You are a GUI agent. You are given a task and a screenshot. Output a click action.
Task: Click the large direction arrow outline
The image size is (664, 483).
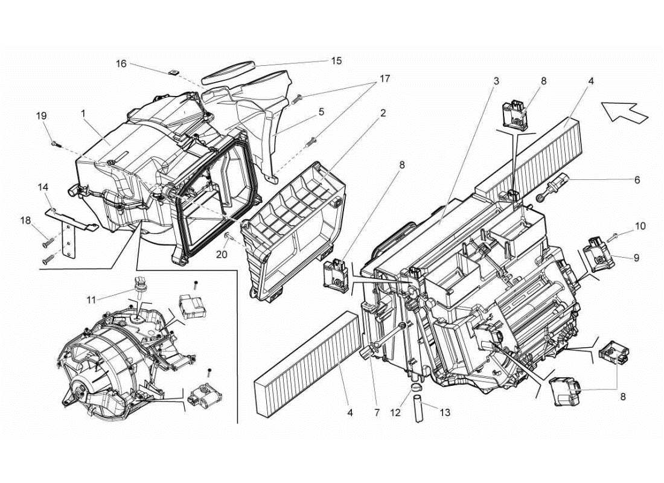[x=624, y=112]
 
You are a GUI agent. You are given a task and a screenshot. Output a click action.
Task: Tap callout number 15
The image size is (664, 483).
[x=336, y=60]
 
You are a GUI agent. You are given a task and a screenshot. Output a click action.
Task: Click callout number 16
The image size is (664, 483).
[x=121, y=63]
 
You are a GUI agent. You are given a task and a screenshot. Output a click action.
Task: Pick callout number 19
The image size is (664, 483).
[x=41, y=116]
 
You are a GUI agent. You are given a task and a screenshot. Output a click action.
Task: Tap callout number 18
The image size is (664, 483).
[x=26, y=222]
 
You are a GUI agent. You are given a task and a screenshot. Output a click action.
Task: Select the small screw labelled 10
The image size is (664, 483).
[x=616, y=235]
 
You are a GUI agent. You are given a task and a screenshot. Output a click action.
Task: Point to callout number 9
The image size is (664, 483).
[x=636, y=257]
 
